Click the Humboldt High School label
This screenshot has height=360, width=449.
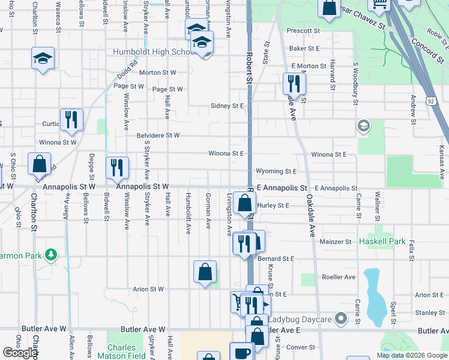153,52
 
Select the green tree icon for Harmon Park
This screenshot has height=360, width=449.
51,256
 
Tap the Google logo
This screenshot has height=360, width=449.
20,353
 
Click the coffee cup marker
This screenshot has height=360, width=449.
242,352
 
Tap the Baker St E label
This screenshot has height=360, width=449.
304,48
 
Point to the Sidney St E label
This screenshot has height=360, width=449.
227,106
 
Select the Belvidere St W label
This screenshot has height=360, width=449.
157,136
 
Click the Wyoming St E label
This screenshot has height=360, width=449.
276,172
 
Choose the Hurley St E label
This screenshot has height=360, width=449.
273,206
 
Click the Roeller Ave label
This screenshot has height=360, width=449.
339,277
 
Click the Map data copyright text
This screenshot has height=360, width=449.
411,355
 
